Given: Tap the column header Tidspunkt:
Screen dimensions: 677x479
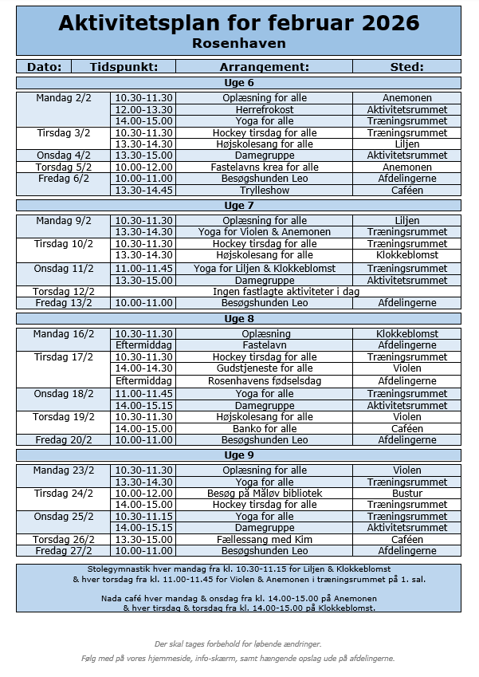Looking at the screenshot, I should click(x=124, y=67).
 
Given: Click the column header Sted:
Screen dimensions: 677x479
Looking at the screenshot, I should click(x=406, y=67).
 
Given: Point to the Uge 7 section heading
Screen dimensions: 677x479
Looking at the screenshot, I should click(x=238, y=206).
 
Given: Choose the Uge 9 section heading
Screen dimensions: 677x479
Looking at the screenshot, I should click(x=238, y=455).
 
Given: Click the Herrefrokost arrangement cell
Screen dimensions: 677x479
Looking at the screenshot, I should click(x=265, y=109).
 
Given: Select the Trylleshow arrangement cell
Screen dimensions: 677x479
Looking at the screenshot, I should click(x=265, y=191).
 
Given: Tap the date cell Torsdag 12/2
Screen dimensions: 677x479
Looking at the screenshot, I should click(x=64, y=292).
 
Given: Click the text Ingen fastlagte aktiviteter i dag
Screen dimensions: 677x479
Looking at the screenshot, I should click(x=285, y=292).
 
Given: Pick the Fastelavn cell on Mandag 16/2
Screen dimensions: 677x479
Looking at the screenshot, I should click(x=265, y=345).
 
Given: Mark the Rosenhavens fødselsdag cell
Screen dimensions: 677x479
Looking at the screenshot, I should click(x=265, y=381).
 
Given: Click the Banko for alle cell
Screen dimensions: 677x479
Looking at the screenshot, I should click(x=265, y=428).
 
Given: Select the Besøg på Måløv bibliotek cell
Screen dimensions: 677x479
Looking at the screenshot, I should click(x=265, y=494).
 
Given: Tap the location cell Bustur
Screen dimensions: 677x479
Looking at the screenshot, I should click(x=406, y=494).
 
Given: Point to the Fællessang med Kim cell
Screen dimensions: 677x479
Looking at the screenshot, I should click(x=265, y=539).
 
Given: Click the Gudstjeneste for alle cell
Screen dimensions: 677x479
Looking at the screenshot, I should click(x=265, y=369).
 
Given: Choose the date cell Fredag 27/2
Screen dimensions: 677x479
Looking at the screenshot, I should click(x=64, y=551).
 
